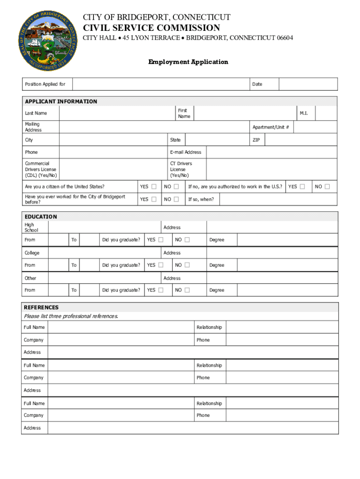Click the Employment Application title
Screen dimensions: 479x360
click(188, 62)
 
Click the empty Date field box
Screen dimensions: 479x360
click(308, 84)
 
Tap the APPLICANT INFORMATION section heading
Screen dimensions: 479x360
click(61, 102)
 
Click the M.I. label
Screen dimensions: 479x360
click(304, 113)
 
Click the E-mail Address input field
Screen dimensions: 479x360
click(271, 152)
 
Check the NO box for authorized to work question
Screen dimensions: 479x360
click(327, 187)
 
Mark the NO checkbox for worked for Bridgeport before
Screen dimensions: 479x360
click(176, 199)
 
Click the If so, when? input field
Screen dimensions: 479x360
click(278, 199)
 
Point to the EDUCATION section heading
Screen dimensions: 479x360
click(41, 217)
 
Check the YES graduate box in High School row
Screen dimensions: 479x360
click(161, 240)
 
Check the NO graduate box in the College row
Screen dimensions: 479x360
click(187, 265)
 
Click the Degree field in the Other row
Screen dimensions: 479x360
click(287, 290)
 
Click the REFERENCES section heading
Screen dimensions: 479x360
click(42, 307)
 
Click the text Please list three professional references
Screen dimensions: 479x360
click(71, 316)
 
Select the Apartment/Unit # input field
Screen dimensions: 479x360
click(316, 127)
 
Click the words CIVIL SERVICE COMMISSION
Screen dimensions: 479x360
click(151, 28)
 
